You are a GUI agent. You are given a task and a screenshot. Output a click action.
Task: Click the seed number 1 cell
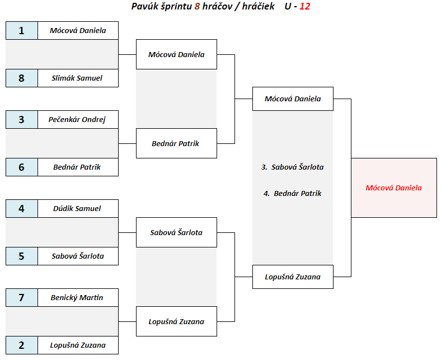point(22,31)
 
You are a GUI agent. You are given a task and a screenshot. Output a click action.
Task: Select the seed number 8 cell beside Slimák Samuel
point(22,78)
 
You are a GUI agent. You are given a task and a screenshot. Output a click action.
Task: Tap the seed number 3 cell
point(22,119)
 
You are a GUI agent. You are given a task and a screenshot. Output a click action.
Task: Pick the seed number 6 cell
point(22,167)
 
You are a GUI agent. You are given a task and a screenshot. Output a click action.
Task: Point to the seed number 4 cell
point(22,208)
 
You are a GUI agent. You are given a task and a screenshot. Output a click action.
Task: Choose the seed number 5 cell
point(22,256)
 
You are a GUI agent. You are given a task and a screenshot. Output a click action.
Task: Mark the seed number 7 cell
point(22,297)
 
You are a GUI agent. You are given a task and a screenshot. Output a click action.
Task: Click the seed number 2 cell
point(22,345)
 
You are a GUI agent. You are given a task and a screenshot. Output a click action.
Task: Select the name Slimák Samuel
point(78,78)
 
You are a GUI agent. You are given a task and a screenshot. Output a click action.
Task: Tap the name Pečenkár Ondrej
point(78,119)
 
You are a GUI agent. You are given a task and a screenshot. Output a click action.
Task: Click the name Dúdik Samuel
point(78,208)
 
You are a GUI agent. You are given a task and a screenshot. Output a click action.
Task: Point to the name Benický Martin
point(78,297)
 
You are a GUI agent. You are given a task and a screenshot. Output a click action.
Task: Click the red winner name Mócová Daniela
point(393,188)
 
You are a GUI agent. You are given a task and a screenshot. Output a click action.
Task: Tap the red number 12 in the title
point(305,7)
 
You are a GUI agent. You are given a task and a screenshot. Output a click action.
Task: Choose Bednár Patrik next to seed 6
point(78,167)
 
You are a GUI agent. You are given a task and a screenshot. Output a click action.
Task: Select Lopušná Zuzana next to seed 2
point(78,345)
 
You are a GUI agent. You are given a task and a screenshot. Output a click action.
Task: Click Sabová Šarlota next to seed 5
point(78,256)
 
